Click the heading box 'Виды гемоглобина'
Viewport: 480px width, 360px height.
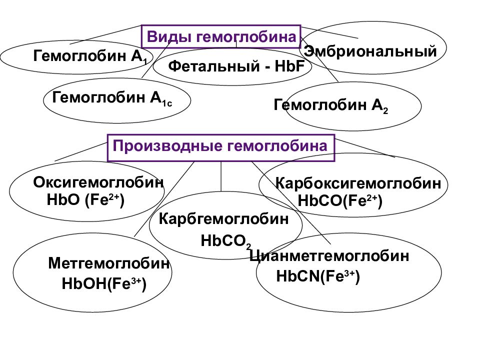click(221, 37)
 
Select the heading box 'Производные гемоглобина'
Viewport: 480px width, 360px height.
click(220, 146)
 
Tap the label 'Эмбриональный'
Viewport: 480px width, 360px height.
click(370, 51)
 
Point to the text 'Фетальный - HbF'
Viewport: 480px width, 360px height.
click(236, 66)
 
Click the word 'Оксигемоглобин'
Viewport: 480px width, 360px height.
click(98, 182)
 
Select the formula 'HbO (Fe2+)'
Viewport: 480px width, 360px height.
click(85, 199)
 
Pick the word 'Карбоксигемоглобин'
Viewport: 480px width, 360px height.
click(358, 183)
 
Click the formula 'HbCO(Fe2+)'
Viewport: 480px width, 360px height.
click(339, 201)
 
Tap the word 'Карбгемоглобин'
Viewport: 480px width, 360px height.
click(224, 219)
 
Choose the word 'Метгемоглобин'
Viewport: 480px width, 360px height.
click(109, 263)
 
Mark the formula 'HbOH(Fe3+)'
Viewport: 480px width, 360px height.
click(104, 284)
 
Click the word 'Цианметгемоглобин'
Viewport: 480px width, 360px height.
click(329, 256)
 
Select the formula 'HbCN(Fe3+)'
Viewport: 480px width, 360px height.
click(318, 276)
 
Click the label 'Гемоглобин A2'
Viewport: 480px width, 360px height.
click(330, 105)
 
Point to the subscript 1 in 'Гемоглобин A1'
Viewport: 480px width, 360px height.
click(144, 61)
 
